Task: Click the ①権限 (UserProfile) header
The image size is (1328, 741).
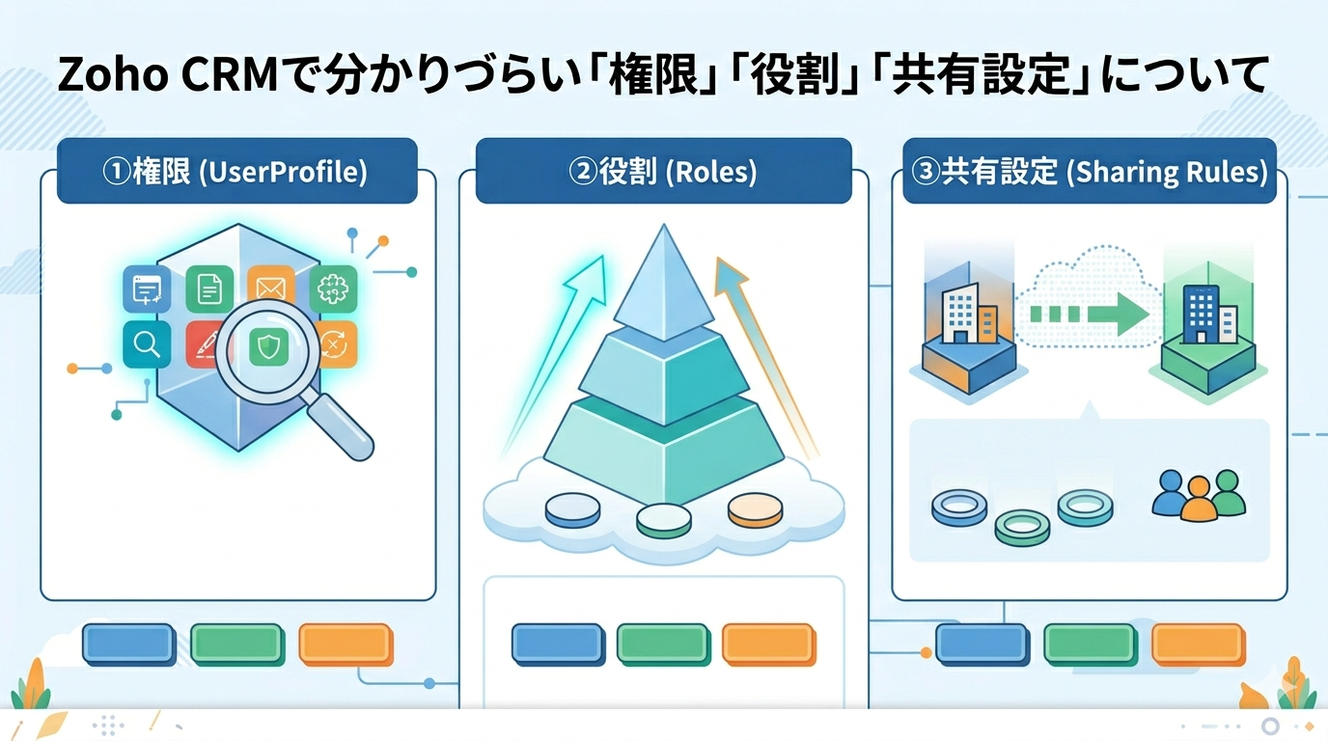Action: [x=236, y=172]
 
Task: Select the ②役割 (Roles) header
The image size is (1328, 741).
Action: [x=663, y=172]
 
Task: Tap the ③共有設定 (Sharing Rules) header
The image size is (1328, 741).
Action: [x=1089, y=172]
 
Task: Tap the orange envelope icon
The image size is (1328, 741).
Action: [x=270, y=284]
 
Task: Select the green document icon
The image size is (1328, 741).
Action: [x=209, y=287]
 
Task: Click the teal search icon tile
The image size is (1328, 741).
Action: [x=147, y=344]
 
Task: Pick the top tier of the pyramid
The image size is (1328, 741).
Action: [x=662, y=285]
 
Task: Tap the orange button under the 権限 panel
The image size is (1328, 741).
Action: [x=345, y=645]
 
